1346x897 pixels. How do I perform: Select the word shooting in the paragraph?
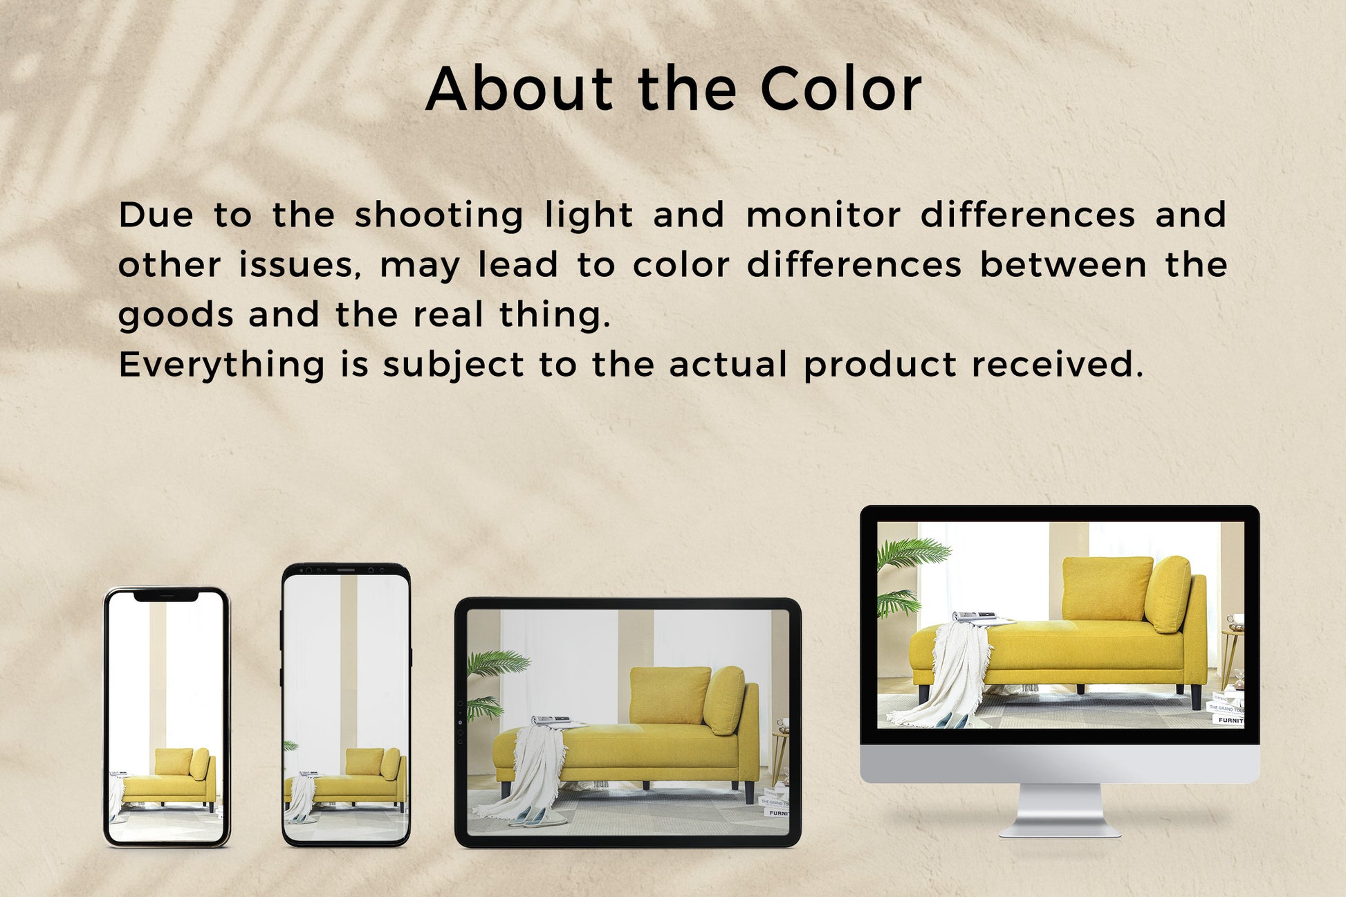tap(439, 215)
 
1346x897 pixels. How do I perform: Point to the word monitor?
tap(823, 215)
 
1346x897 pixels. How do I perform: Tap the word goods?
tap(176, 316)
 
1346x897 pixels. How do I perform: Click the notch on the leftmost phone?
tap(166, 595)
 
